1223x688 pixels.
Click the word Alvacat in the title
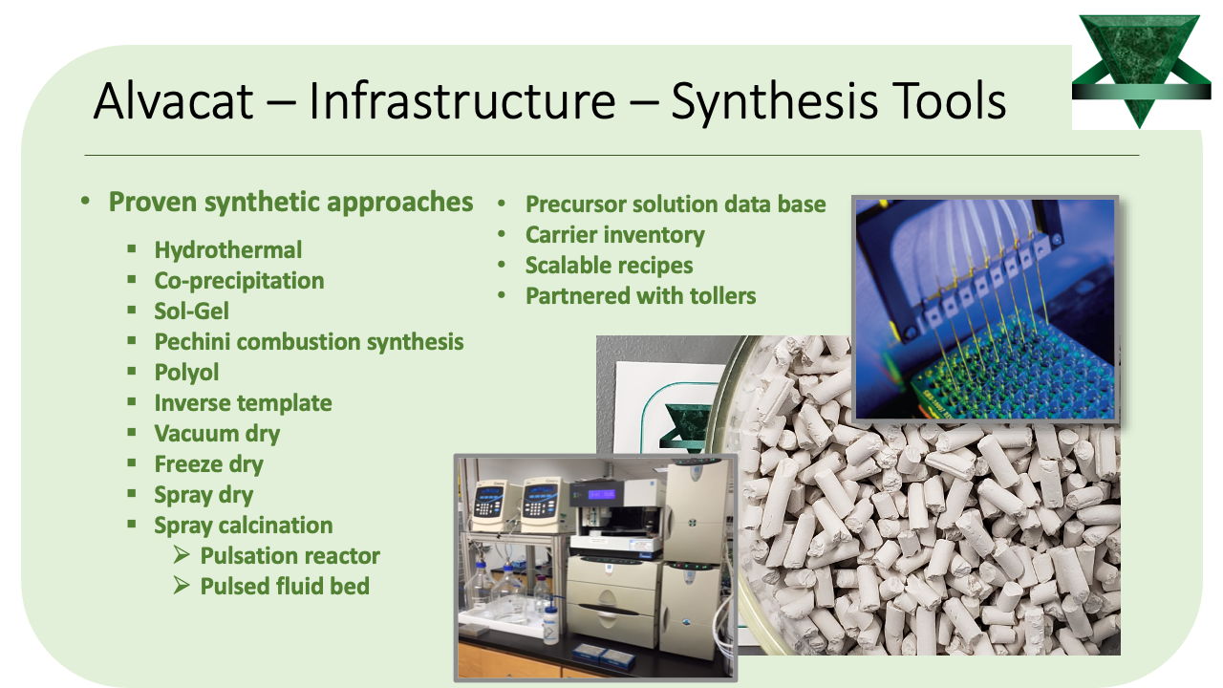coord(173,101)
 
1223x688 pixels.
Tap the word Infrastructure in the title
coord(461,101)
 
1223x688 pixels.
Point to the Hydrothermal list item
coord(227,250)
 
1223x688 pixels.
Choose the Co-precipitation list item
coord(239,281)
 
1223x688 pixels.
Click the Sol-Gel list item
coord(192,312)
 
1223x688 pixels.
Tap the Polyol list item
coord(186,373)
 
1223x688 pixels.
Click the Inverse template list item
coord(243,403)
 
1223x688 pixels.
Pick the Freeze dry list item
coord(208,464)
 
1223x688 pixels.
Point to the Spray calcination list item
coord(244,526)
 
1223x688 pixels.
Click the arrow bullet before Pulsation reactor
coord(182,555)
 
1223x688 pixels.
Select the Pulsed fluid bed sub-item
coord(285,587)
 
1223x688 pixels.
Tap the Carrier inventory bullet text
coord(614,235)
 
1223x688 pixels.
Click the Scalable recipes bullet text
coord(609,266)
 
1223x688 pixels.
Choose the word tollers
coord(723,296)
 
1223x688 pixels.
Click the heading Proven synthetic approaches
coord(290,203)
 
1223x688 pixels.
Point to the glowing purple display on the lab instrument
coord(601,495)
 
